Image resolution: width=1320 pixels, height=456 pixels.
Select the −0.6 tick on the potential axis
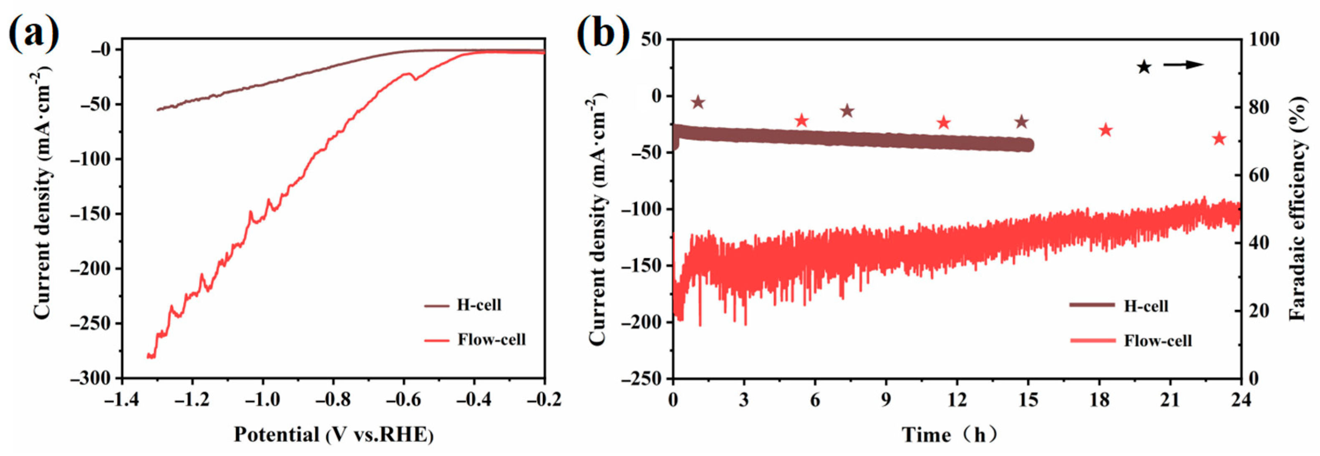(x=403, y=400)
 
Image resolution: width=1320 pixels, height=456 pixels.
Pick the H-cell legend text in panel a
(x=479, y=305)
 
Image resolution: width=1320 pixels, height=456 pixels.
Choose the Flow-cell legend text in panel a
(x=491, y=339)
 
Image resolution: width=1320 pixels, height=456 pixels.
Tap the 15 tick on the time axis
(x=1028, y=400)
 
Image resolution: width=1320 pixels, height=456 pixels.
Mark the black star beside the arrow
(x=1144, y=67)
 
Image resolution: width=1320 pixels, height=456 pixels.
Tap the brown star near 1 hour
(x=698, y=103)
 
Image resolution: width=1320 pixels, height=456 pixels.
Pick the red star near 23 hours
(x=1219, y=139)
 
